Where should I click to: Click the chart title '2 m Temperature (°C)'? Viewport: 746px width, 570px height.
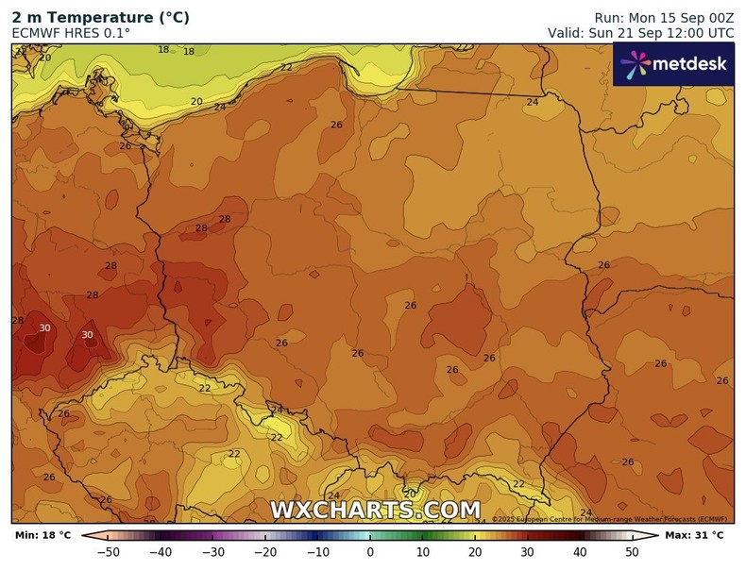[x=100, y=18]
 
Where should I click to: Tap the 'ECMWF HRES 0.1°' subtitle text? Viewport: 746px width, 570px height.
[x=71, y=33]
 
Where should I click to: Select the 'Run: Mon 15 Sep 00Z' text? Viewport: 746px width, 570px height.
[x=664, y=18]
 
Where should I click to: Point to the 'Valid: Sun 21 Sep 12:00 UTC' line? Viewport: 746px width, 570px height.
[x=640, y=33]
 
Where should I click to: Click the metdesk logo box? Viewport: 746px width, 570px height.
[x=672, y=64]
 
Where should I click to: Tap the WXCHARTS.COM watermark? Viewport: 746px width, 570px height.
[x=375, y=511]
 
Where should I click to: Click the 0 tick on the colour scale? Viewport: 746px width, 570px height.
[x=370, y=552]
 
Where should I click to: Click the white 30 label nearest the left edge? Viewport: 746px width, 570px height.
[x=44, y=328]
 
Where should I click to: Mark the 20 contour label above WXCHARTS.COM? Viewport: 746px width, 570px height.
[x=410, y=494]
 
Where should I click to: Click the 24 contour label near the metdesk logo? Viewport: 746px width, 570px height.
[x=533, y=102]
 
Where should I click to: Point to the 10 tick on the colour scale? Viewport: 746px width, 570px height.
[x=423, y=552]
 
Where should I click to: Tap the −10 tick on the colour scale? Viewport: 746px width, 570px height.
[x=318, y=552]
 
